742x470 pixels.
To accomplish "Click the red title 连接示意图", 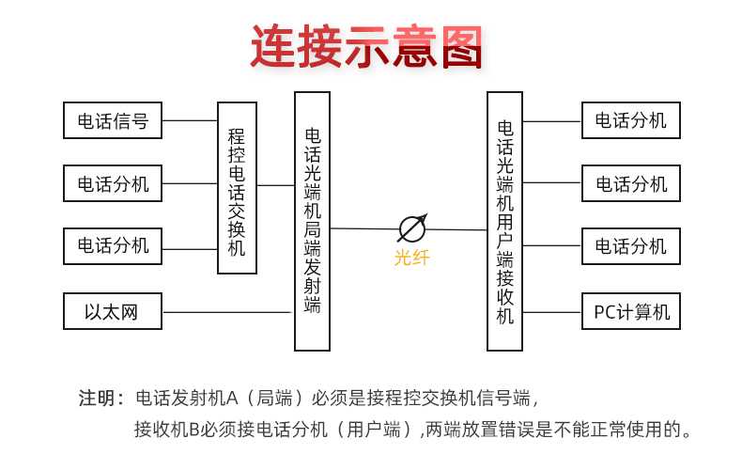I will (x=366, y=47).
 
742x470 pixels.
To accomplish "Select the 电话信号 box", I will (x=113, y=120).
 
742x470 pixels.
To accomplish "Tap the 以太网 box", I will (x=113, y=311).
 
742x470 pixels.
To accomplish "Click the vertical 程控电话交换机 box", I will (x=237, y=188).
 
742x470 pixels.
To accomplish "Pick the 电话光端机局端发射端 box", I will (x=312, y=221).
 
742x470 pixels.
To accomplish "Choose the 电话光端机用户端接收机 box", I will (x=504, y=221).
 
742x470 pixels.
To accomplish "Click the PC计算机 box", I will (x=631, y=311).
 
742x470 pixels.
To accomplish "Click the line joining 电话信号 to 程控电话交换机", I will (x=190, y=120).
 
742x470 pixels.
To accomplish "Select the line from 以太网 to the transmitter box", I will (x=227, y=312).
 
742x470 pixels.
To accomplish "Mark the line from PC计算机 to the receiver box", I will (x=551, y=312).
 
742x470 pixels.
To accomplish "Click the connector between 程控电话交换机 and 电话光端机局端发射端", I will (x=275, y=185).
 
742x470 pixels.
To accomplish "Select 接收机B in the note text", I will (x=168, y=430).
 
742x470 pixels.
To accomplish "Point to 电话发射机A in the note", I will (x=188, y=398).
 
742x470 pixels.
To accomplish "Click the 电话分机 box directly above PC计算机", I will (x=631, y=246).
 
